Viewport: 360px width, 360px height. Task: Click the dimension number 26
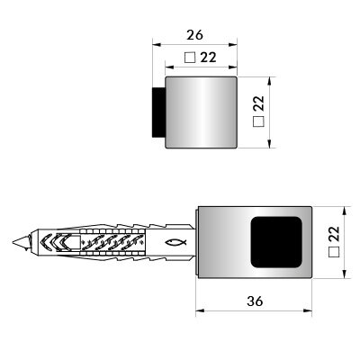coord(194,35)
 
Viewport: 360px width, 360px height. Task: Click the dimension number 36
coord(255,301)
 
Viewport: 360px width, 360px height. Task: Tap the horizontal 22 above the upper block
coord(208,57)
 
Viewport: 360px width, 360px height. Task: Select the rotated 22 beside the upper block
coord(258,103)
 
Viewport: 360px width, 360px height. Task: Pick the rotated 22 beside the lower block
coord(333,234)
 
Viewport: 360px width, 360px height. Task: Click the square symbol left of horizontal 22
coord(190,58)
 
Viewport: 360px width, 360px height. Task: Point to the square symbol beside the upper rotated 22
coord(258,121)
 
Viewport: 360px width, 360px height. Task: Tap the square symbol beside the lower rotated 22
coord(334,252)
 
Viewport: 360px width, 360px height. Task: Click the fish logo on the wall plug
coord(175,242)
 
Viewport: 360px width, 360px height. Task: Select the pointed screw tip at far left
coord(21,242)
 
